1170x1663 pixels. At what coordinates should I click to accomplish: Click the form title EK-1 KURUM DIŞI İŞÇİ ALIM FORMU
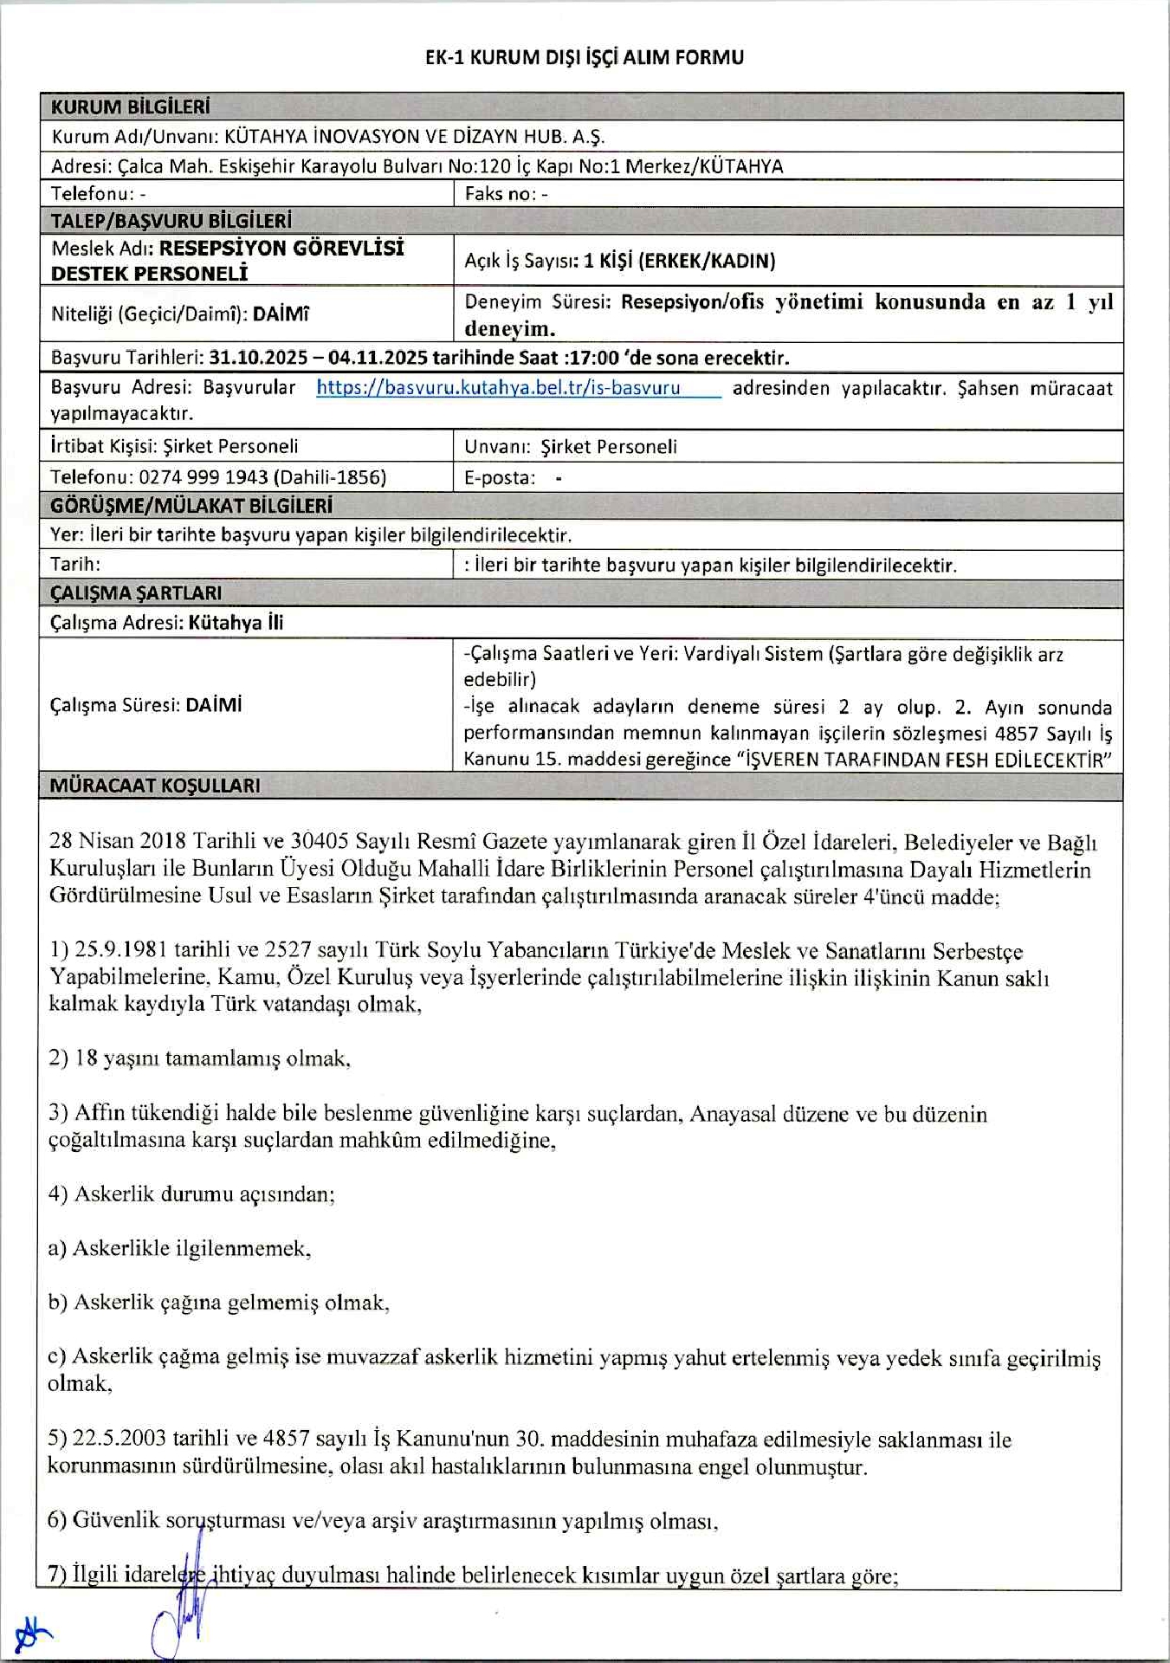[x=585, y=57]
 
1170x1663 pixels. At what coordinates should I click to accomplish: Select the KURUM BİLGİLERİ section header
[x=130, y=107]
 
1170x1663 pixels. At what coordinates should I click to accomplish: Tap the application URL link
[x=498, y=387]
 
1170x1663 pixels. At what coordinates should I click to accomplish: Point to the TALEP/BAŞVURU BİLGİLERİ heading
[x=171, y=220]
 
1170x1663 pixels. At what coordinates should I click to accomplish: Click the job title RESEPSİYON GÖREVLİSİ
[x=281, y=248]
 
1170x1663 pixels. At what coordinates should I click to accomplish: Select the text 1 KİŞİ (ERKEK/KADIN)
[x=680, y=261]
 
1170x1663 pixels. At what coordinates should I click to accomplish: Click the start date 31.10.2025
[x=259, y=358]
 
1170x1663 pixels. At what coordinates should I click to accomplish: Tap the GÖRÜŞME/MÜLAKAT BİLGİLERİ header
[x=191, y=505]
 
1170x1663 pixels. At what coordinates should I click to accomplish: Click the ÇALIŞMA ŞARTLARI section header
[x=136, y=592]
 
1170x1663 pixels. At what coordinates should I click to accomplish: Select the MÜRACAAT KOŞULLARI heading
[x=155, y=785]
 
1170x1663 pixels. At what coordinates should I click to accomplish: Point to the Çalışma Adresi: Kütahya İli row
[x=166, y=622]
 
